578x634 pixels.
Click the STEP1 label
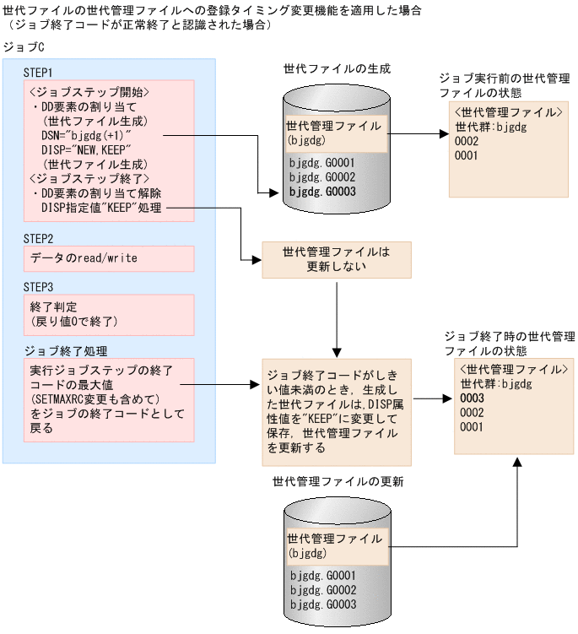click(38, 73)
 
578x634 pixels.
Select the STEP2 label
click(38, 239)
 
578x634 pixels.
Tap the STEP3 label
click(38, 288)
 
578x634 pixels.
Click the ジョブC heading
click(24, 47)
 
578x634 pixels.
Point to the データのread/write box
click(109, 258)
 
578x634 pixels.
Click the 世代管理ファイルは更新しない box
click(337, 259)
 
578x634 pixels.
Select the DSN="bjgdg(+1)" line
click(86, 135)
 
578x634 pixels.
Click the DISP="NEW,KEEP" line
click(86, 150)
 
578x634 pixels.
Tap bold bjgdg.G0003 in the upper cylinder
click(322, 192)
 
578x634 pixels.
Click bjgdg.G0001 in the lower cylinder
click(323, 576)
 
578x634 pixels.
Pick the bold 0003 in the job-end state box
click(472, 398)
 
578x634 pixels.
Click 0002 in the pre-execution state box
click(467, 141)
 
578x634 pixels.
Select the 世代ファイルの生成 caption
click(338, 69)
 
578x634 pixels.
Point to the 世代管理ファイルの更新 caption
click(338, 481)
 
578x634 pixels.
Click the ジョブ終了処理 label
click(66, 351)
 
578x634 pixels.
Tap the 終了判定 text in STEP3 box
click(53, 307)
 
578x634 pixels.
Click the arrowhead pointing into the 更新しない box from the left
click(257, 259)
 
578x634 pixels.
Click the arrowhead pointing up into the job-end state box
click(517, 462)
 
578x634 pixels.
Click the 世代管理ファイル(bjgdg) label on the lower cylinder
click(335, 546)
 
